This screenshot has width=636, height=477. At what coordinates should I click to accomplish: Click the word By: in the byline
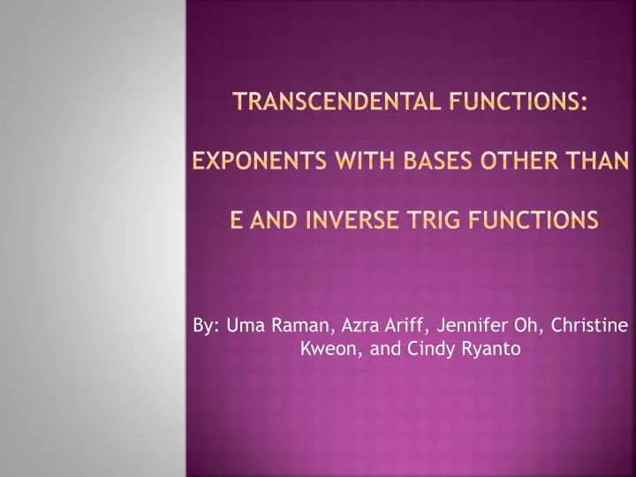click(207, 327)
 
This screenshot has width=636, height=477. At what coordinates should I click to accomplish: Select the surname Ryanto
click(490, 349)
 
